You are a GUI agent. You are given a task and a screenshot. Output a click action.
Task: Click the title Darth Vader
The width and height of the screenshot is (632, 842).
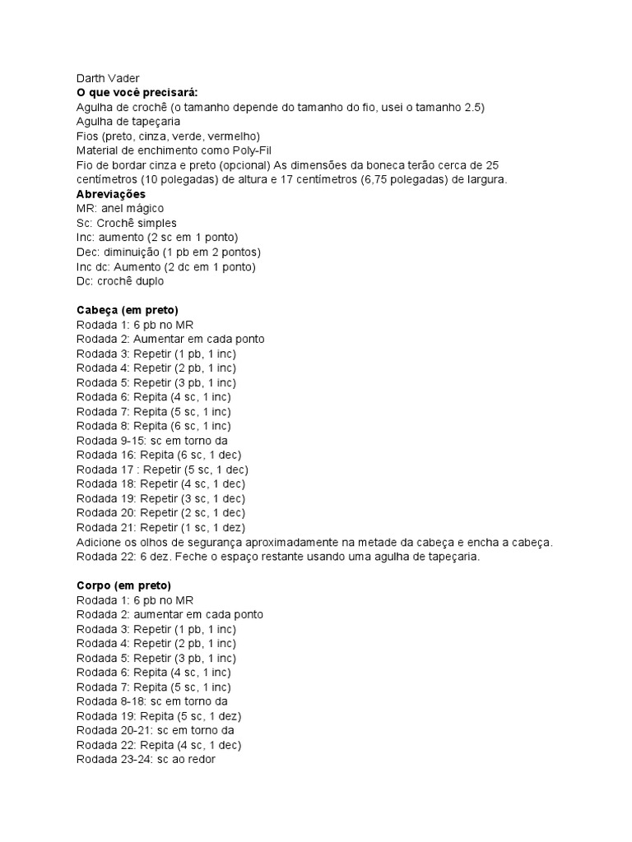[x=107, y=78]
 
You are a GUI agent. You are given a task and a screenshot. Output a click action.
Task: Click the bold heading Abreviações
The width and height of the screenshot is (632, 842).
[x=110, y=194]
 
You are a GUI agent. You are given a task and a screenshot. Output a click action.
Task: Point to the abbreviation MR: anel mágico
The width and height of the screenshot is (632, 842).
[x=119, y=209]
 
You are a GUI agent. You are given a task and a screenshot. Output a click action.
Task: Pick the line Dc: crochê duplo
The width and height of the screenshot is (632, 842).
[x=120, y=281]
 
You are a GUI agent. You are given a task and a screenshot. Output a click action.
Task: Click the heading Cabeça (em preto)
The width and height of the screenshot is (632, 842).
[x=121, y=310]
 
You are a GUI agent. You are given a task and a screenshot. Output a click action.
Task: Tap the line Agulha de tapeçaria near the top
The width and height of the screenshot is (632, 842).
[x=128, y=122]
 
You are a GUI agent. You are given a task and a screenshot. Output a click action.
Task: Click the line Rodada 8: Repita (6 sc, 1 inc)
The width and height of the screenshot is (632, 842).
[x=153, y=426]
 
